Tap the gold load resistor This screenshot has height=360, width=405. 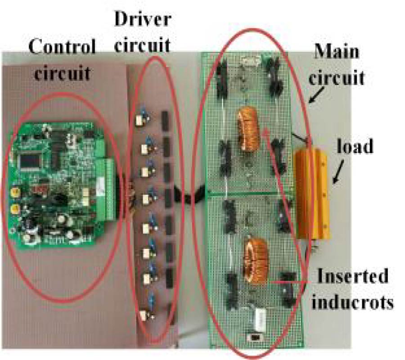tap(314, 194)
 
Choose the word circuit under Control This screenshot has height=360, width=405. tap(63, 72)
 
